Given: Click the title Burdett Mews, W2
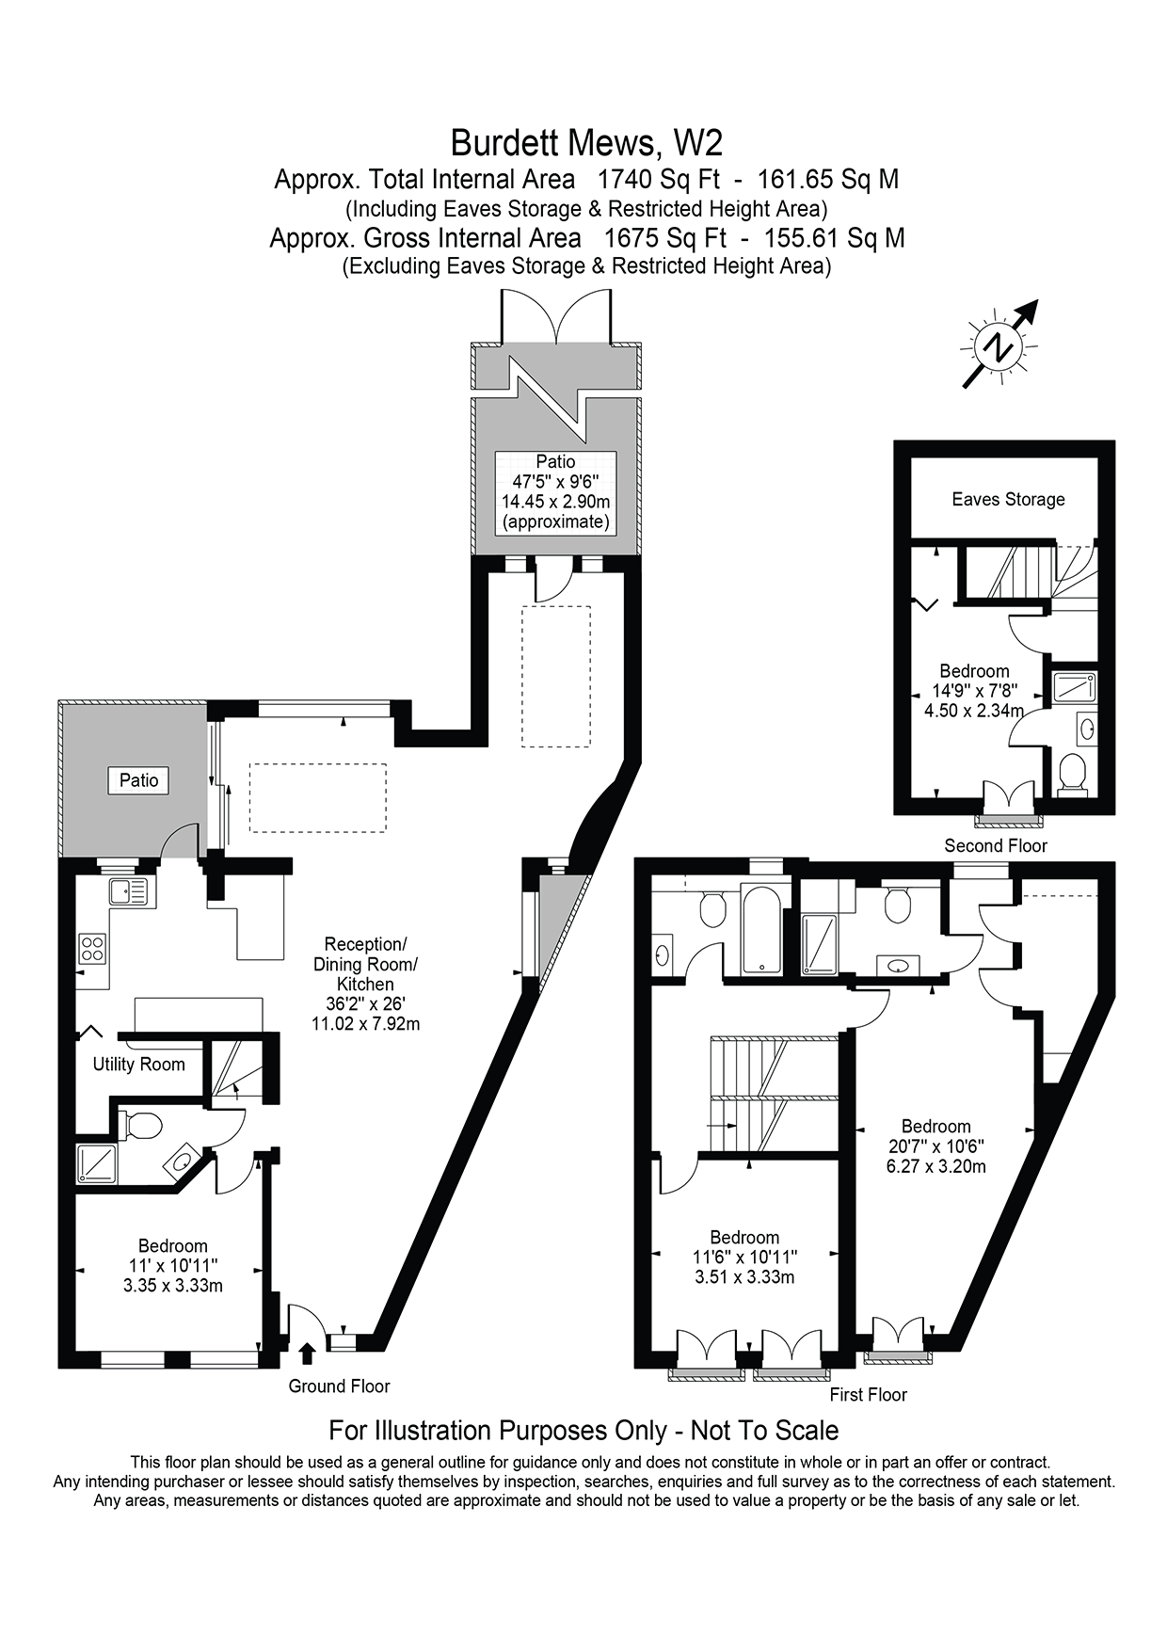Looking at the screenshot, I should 586,143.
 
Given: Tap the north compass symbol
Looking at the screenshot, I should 998,346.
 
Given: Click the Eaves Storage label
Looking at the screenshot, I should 1008,500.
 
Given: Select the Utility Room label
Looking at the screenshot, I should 138,1065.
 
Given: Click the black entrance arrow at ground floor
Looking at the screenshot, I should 306,1354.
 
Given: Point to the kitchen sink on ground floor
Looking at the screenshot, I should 131,890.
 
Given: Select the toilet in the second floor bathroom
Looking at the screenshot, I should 1072,774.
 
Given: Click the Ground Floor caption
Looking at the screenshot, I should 339,1386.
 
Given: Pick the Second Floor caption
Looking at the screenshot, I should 995,845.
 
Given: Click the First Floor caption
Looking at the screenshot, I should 868,1394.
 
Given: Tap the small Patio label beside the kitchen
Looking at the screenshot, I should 138,780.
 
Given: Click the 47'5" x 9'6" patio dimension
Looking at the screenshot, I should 555,482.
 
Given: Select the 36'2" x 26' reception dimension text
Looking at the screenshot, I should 365,1003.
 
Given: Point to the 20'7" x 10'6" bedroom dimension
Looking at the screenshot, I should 935,1146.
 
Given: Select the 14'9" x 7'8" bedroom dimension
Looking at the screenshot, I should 974,691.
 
